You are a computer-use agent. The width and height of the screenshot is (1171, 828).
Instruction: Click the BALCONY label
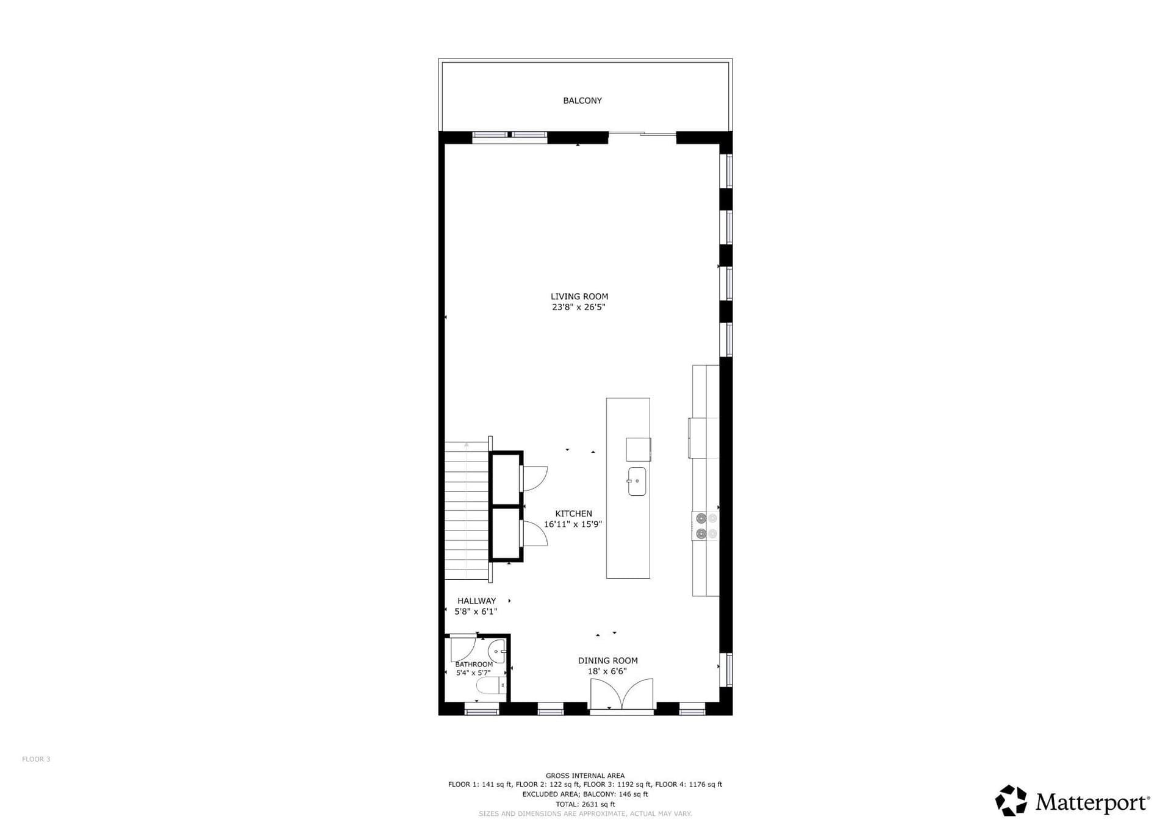point(582,101)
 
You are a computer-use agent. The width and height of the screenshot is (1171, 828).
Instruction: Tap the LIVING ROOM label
point(579,296)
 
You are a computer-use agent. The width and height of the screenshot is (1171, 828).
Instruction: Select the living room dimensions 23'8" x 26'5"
point(579,307)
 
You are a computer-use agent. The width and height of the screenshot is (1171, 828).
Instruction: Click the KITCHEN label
point(573,513)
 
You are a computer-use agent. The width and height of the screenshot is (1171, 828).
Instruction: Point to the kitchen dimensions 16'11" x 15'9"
point(573,524)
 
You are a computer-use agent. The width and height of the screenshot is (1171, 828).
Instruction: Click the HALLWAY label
point(476,601)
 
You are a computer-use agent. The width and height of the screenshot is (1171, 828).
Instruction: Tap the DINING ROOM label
point(608,660)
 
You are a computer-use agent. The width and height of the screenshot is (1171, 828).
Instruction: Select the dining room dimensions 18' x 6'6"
point(607,671)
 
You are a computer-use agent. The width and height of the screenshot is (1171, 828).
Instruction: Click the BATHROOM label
point(474,665)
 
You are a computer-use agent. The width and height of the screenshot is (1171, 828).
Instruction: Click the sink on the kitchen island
point(637,481)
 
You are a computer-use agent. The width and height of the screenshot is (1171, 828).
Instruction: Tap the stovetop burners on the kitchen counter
point(705,526)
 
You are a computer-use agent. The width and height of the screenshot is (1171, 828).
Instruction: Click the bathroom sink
point(498,651)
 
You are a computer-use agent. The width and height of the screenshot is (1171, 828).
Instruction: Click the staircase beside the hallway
point(467,510)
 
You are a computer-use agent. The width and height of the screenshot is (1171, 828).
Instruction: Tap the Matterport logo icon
point(1011,801)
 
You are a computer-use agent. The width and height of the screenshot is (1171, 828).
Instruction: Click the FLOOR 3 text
point(36,759)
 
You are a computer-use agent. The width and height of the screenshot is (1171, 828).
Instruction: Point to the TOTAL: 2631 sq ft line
point(585,804)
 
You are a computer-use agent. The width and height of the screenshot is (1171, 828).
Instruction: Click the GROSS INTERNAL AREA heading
point(585,776)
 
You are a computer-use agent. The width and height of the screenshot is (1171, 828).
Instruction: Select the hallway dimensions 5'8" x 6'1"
point(476,612)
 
